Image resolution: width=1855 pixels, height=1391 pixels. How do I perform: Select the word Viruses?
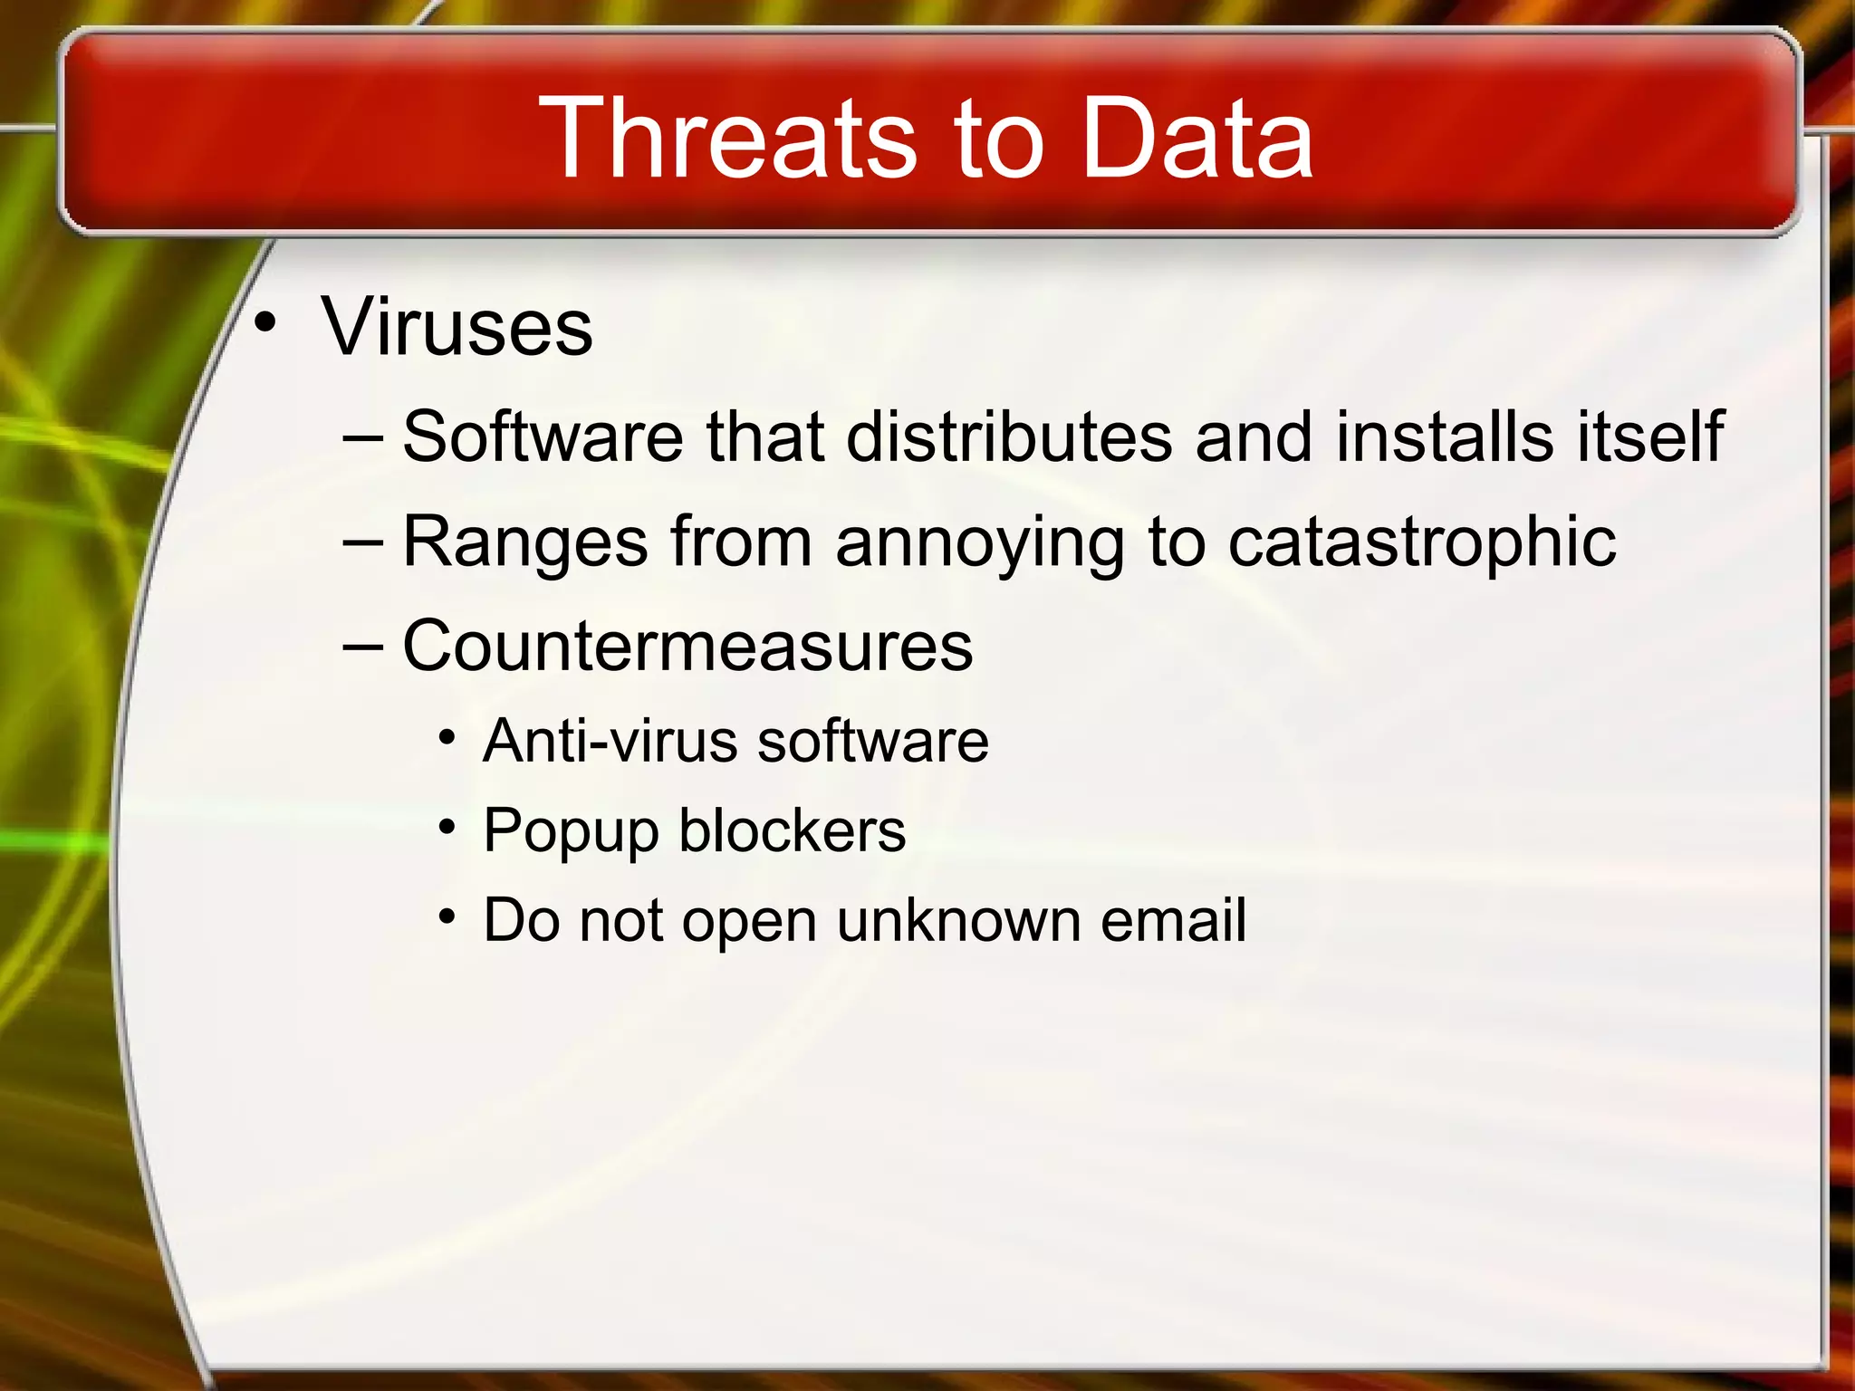click(457, 327)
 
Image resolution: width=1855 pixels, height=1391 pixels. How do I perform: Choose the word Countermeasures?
click(687, 646)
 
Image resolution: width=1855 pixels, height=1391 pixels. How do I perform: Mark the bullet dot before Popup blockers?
click(447, 827)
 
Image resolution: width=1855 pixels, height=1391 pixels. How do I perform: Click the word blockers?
click(793, 830)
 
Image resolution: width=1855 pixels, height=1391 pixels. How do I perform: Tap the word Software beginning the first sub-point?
click(543, 436)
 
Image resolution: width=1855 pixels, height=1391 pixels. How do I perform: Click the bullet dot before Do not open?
click(447, 916)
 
